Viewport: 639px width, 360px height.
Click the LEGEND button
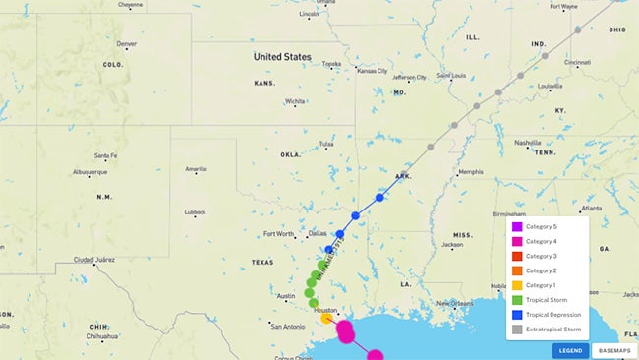[570, 350]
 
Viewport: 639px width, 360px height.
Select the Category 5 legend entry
[541, 227]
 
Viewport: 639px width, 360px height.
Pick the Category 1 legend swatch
[516, 285]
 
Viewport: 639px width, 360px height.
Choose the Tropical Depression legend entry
[552, 315]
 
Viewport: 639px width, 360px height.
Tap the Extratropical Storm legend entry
[552, 330]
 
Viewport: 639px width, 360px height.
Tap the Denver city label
[127, 44]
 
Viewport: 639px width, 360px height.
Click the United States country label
[282, 57]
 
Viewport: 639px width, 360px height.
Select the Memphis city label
[471, 172]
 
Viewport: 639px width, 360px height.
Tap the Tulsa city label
[326, 144]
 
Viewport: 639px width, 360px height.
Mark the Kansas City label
[372, 71]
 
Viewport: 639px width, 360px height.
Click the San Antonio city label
[289, 327]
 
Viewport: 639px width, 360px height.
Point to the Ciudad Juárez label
[94, 260]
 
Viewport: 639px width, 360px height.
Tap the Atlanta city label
[591, 209]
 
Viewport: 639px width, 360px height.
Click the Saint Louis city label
[451, 76]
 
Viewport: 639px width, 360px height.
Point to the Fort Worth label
[279, 234]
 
